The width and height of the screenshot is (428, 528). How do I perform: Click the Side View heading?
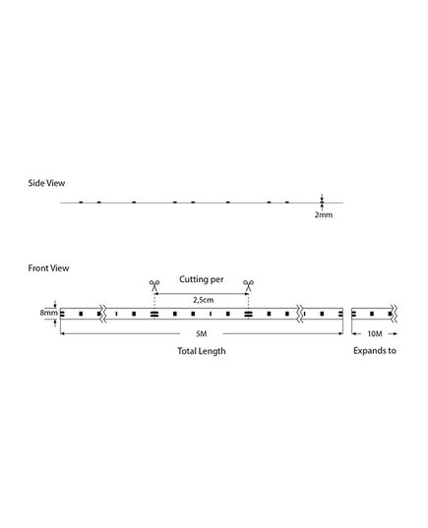(46, 183)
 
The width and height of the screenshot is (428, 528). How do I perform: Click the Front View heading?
(48, 268)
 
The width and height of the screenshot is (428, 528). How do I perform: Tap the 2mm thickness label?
(324, 214)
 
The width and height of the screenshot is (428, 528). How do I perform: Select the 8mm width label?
(48, 313)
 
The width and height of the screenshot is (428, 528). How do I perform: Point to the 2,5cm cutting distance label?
(204, 300)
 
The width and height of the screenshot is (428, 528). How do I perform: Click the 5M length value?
(201, 334)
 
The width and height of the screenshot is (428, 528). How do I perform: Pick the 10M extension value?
(375, 334)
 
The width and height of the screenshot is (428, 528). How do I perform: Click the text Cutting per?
(201, 279)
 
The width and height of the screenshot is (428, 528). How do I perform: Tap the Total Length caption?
(202, 351)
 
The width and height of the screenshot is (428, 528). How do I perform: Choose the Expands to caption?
(375, 351)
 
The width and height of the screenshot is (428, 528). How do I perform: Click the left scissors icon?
(154, 285)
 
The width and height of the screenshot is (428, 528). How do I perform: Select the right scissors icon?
(248, 285)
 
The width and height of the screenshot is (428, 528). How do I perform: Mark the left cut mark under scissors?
(154, 315)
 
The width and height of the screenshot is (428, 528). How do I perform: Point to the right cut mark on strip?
(248, 315)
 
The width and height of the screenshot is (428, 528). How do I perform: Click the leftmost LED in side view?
(81, 202)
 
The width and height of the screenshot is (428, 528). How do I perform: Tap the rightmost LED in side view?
(287, 202)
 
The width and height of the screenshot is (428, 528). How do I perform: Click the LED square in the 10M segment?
(372, 314)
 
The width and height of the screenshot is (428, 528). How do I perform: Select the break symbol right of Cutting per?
(299, 314)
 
